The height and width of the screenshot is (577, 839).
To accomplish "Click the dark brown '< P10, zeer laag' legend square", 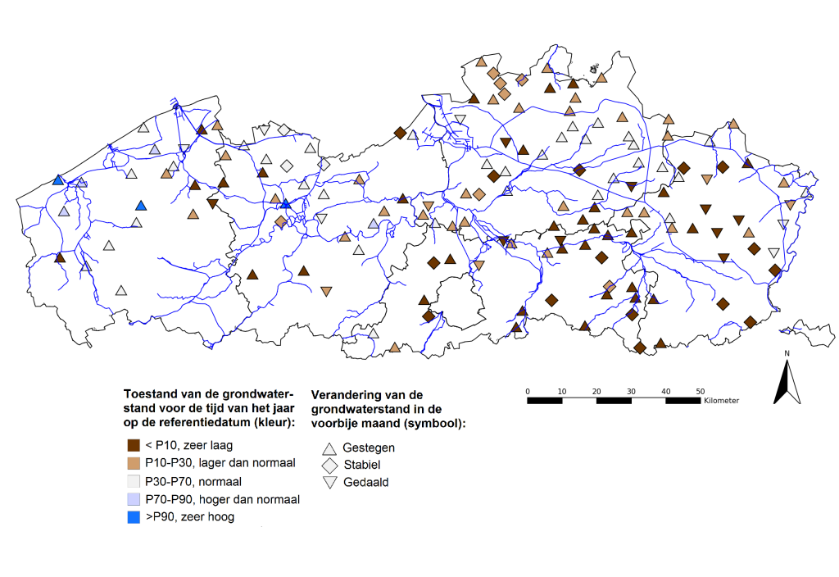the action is click(134, 445).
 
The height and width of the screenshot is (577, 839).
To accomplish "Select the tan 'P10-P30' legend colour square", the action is click(134, 463).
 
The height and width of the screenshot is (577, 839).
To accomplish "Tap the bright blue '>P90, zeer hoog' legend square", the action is click(134, 517).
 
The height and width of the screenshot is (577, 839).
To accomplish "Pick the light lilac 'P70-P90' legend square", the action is click(134, 499).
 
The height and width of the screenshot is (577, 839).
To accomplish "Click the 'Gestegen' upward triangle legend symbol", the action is click(329, 448).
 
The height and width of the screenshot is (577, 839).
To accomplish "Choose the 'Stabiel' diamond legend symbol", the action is click(329, 466).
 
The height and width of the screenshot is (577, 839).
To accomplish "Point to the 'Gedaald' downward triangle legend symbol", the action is click(329, 482).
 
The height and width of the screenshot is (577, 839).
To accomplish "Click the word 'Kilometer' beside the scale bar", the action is click(721, 400).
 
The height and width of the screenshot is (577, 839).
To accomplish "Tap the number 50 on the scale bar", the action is click(700, 391).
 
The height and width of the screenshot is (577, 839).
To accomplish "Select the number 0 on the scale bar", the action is click(528, 391).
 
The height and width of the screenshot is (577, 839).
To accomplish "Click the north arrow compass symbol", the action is click(787, 382).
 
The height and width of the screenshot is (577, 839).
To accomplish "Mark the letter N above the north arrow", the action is click(787, 353).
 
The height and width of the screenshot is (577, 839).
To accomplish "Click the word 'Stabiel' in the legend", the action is click(362, 465).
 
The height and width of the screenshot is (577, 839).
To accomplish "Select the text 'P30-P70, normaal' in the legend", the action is click(193, 482).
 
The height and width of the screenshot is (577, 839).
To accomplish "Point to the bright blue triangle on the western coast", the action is click(58, 179).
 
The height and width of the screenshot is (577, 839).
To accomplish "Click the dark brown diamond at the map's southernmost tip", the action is click(640, 348).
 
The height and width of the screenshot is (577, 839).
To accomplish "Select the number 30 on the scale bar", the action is click(631, 391).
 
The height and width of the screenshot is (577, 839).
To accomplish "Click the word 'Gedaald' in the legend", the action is click(366, 482).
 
